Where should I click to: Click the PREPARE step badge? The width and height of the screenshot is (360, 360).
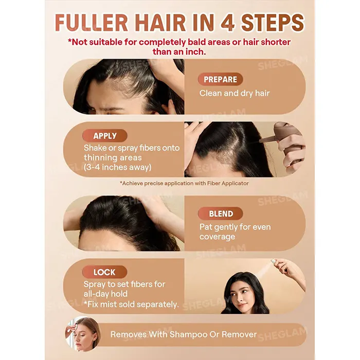[221, 79]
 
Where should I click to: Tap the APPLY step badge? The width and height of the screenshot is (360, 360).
[105, 136]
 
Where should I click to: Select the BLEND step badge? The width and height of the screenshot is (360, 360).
[221, 213]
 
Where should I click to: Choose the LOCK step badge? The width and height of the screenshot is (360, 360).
[104, 272]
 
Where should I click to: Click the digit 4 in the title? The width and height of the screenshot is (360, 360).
[228, 23]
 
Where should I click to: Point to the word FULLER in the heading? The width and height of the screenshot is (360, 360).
[92, 23]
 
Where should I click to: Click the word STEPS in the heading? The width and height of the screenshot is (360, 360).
[273, 23]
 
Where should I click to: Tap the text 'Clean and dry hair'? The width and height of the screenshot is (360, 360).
[235, 93]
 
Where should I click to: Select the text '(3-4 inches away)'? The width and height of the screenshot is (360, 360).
[118, 167]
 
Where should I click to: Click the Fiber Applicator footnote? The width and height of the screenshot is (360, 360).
[184, 183]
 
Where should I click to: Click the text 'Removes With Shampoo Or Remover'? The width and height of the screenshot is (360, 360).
[184, 334]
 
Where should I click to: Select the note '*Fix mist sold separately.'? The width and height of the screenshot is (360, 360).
[131, 304]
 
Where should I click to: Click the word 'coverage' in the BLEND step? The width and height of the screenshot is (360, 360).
[217, 237]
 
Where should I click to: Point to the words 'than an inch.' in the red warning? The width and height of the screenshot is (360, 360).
[179, 51]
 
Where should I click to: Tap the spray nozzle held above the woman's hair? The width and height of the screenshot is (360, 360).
[276, 262]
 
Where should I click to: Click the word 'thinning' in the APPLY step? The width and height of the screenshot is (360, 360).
[100, 158]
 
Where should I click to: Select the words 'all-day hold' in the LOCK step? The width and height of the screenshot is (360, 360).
[105, 294]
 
